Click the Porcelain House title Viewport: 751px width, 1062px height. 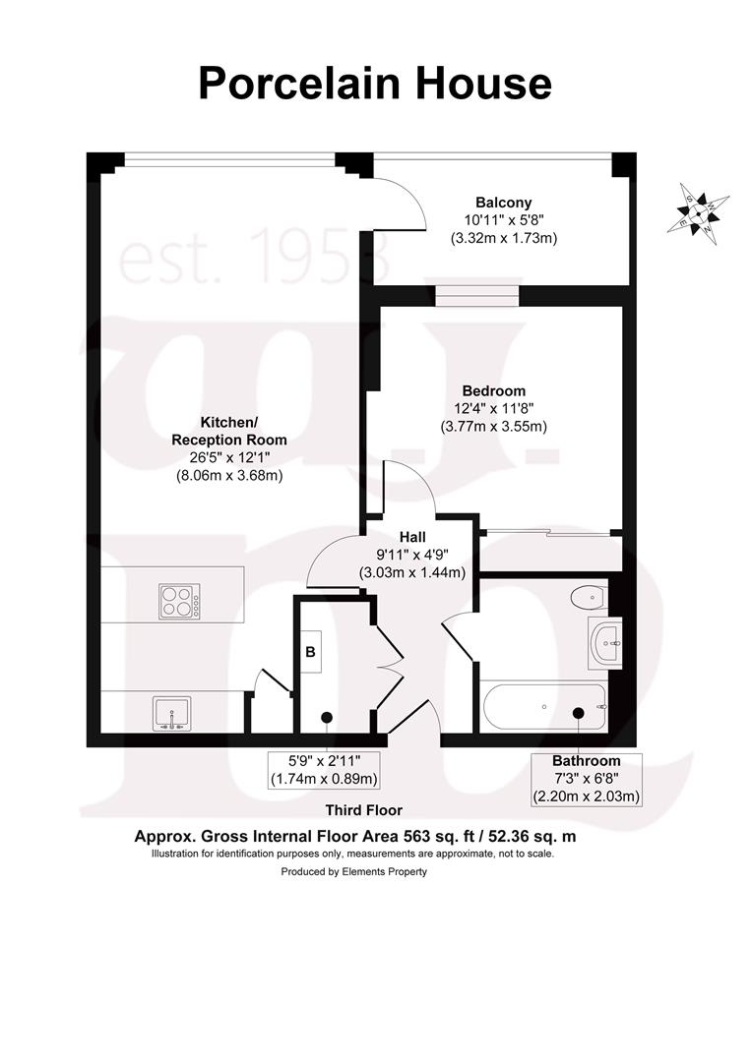tap(375, 84)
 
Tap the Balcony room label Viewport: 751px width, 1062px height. tap(504, 203)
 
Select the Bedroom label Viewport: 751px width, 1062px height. tap(493, 390)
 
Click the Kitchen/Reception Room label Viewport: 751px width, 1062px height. tap(229, 431)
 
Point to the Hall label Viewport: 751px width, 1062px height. tap(412, 537)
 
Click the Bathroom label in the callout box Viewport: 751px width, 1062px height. tap(587, 760)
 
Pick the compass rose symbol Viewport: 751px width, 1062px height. tap(698, 213)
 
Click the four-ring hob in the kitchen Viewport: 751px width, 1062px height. tap(179, 601)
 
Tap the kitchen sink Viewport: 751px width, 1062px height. tap(171, 714)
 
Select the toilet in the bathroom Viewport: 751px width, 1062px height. tap(589, 598)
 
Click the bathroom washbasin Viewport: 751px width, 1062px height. tap(604, 642)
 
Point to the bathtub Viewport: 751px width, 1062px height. tap(543, 707)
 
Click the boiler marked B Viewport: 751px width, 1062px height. tap(310, 652)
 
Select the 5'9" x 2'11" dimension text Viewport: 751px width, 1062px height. tap(324, 760)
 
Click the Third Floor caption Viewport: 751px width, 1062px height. tap(364, 810)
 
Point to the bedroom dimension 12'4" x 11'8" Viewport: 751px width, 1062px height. tap(494, 408)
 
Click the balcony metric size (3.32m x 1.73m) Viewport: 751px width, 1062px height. tap(504, 238)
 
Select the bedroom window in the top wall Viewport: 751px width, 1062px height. tap(476, 295)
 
